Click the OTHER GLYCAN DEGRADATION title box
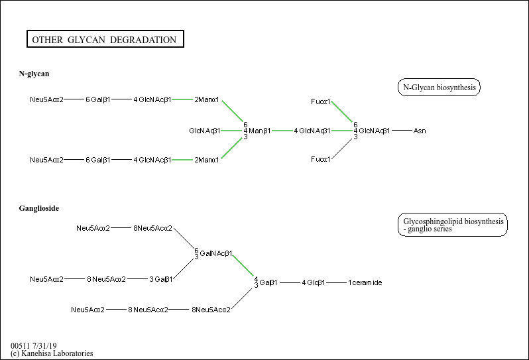104,40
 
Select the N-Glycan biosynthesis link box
439,88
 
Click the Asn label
420,131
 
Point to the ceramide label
367,283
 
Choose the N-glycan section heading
34,74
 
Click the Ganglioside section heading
39,208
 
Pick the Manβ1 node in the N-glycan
259,131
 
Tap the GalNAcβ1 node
215,253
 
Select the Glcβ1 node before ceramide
316,283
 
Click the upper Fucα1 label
321,101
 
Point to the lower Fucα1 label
321,160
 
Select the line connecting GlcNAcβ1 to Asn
402,131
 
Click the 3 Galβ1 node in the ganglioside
161,279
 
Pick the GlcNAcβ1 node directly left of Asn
374,131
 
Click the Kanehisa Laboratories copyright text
52,353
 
